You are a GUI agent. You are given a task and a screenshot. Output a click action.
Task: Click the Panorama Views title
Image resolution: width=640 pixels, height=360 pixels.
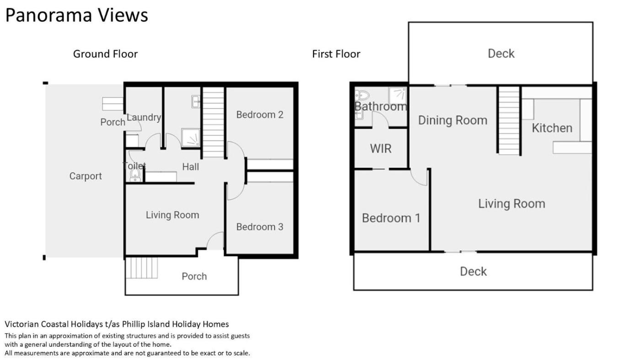(x=77, y=15)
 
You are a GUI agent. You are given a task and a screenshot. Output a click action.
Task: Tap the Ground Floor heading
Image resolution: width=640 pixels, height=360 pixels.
(x=106, y=54)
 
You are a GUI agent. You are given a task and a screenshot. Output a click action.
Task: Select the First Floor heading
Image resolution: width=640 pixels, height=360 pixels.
(x=336, y=54)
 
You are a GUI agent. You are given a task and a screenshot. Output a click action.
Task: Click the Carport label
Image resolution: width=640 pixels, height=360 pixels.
(x=85, y=176)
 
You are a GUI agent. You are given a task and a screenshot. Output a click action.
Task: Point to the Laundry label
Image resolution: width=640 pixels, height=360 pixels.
(x=144, y=117)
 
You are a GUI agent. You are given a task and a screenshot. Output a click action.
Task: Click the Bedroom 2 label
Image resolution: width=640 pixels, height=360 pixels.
(x=260, y=115)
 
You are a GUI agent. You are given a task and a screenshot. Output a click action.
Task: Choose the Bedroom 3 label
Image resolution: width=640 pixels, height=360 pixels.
(x=260, y=227)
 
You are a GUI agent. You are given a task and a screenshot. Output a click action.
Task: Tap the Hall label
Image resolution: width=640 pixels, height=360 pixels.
(x=191, y=167)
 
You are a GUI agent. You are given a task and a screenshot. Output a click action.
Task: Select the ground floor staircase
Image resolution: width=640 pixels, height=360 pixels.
(x=213, y=122)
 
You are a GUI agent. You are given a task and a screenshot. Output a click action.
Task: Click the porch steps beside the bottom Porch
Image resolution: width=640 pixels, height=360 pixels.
(x=141, y=268)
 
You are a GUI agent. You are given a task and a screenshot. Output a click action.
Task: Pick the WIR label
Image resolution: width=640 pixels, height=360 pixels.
(x=380, y=149)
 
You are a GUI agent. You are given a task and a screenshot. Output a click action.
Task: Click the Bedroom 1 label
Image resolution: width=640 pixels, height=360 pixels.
(x=391, y=218)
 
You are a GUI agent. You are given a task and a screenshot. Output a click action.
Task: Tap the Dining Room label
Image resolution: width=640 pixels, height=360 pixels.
(x=453, y=121)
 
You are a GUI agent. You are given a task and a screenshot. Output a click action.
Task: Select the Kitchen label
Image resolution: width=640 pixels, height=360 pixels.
(x=552, y=128)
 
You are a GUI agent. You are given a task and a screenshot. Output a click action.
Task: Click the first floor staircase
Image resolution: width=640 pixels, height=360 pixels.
(x=509, y=121)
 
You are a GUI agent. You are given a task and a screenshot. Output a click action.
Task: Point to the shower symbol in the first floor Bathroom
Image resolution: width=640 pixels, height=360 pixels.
(x=397, y=95)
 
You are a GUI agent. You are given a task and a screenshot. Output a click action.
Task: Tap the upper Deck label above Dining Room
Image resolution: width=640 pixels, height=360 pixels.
(x=501, y=53)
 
